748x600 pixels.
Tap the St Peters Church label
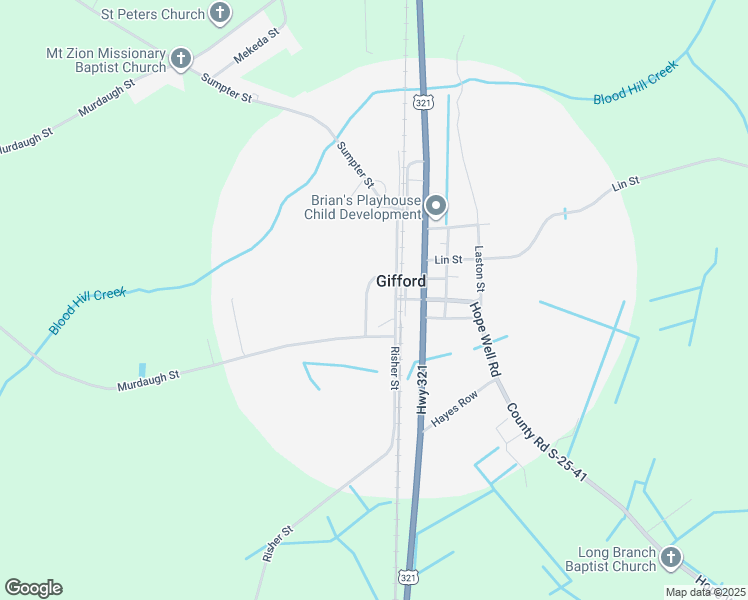point(153,15)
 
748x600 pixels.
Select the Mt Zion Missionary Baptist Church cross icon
point(181,59)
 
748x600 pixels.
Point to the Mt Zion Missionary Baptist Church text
point(105,60)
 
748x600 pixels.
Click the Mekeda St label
point(254,46)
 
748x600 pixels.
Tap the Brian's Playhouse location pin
point(436,206)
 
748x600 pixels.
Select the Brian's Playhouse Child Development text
point(363,207)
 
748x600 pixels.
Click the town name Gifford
point(401,281)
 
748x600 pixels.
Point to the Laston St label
point(480,269)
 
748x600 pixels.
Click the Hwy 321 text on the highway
point(423,390)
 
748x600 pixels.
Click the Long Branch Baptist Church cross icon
point(670,558)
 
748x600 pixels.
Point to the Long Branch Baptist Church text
point(617,560)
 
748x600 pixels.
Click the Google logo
point(33,588)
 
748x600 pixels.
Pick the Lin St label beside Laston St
point(448,260)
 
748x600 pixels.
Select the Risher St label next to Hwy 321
point(395,367)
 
